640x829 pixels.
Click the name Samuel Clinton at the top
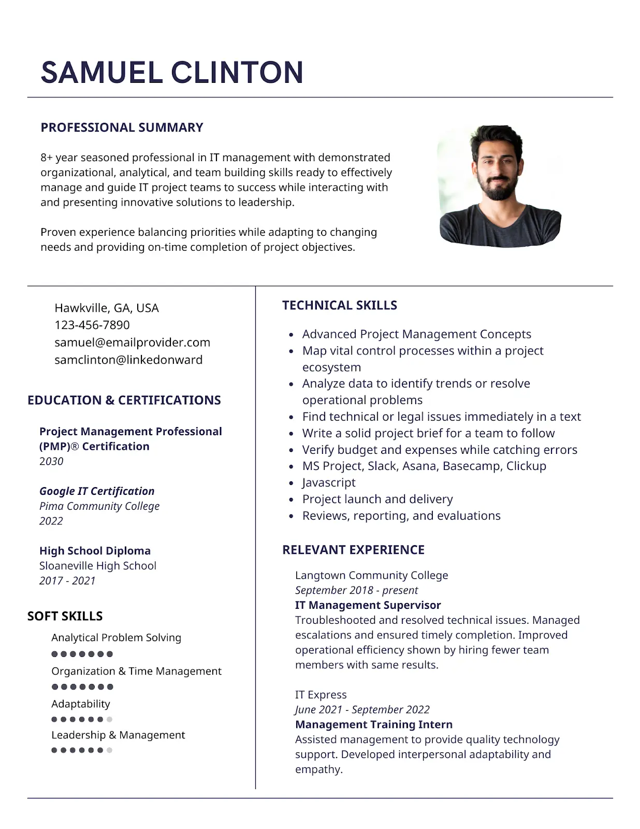click(x=172, y=72)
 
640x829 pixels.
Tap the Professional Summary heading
click(x=122, y=127)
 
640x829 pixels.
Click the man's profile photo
click(x=499, y=185)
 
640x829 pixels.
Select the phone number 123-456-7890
click(x=92, y=325)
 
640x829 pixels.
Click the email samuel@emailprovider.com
click(x=132, y=342)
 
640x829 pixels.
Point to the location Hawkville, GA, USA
click(x=107, y=308)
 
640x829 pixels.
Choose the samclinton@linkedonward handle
click(x=128, y=360)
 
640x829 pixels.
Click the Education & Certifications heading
click(x=124, y=400)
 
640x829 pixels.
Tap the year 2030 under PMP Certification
click(x=51, y=461)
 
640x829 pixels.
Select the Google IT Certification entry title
click(x=97, y=491)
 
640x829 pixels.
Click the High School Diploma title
click(x=95, y=551)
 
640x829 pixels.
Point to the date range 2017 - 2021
click(x=67, y=581)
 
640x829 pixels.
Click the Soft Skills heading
click(x=65, y=616)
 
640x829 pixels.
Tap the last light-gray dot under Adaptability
click(x=109, y=719)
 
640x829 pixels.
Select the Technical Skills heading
click(x=340, y=305)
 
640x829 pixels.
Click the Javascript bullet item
click(x=329, y=482)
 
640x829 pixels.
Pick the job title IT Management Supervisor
click(x=368, y=605)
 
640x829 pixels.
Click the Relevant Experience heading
click(x=353, y=550)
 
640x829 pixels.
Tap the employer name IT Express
click(x=321, y=695)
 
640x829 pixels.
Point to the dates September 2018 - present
click(x=356, y=590)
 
